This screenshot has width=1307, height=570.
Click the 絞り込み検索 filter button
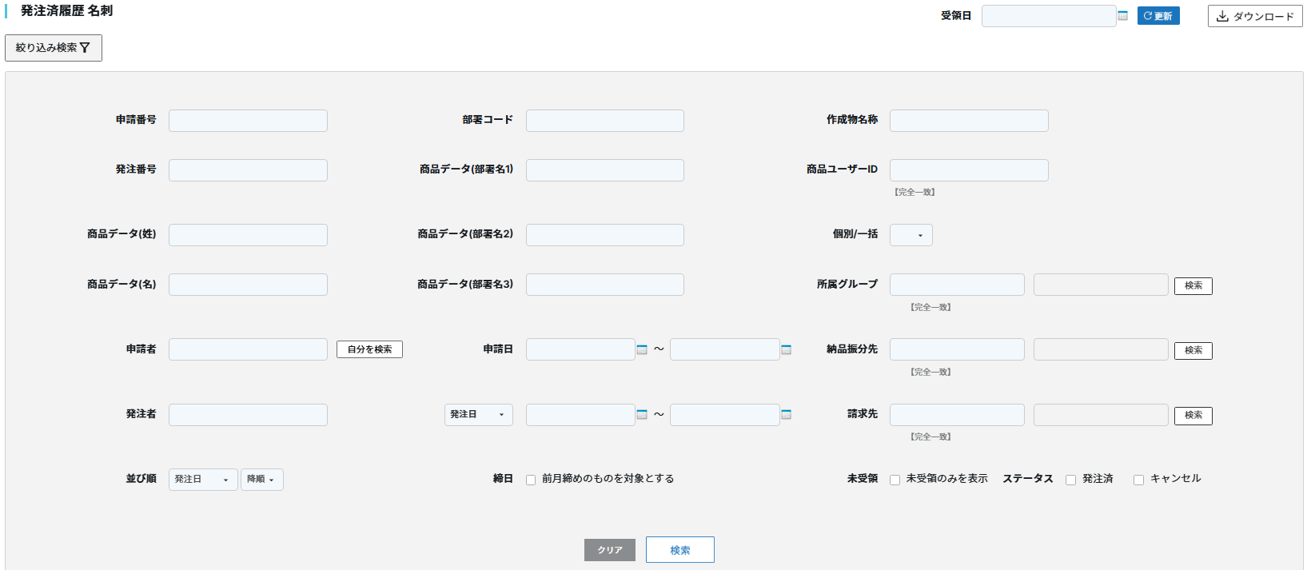pyautogui.click(x=53, y=48)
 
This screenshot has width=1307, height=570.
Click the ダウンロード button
pyautogui.click(x=1254, y=16)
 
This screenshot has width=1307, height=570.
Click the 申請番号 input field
pyautogui.click(x=248, y=121)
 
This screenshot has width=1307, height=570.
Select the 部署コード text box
pyautogui.click(x=604, y=121)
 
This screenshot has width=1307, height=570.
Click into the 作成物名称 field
pyautogui.click(x=968, y=121)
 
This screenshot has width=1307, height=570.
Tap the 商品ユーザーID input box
pyautogui.click(x=968, y=170)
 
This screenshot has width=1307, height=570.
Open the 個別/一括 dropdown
pyautogui.click(x=911, y=235)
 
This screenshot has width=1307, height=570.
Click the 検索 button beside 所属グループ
pyautogui.click(x=1193, y=285)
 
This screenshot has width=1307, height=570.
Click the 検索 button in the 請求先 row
pyautogui.click(x=1193, y=416)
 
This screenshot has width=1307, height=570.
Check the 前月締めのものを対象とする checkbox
pyautogui.click(x=531, y=480)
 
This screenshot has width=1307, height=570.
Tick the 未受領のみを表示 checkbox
pyautogui.click(x=895, y=480)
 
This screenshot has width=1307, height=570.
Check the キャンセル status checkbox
pyautogui.click(x=1138, y=480)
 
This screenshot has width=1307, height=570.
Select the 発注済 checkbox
pyautogui.click(x=1070, y=480)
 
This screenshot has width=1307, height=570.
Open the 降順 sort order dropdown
pyautogui.click(x=261, y=480)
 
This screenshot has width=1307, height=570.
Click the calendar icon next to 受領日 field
pyautogui.click(x=1122, y=16)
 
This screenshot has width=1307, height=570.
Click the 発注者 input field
pyautogui.click(x=248, y=415)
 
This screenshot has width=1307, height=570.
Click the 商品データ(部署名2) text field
pyautogui.click(x=604, y=235)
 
